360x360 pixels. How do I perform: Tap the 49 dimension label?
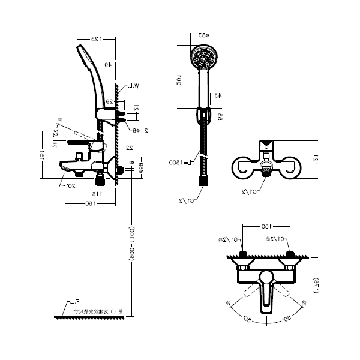tap(106, 65)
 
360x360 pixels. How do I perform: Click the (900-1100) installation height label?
tap(131, 243)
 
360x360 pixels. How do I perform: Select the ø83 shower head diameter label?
tap(204, 35)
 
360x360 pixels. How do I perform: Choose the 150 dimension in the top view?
tap(265, 226)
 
